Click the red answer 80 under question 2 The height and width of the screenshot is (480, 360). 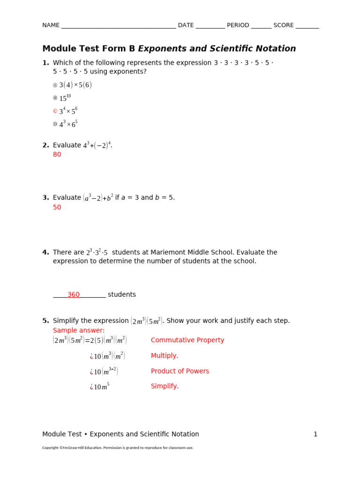click(57, 154)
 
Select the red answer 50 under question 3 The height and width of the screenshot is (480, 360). click(57, 207)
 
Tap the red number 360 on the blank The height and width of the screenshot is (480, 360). click(73, 294)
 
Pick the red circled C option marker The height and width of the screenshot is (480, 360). click(55, 111)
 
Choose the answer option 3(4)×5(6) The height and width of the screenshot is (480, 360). click(75, 85)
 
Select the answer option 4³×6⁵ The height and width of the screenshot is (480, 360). click(68, 124)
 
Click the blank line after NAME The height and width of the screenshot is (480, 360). click(118, 26)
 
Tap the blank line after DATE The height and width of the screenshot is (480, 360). click(210, 26)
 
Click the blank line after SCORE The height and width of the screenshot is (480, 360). click(307, 26)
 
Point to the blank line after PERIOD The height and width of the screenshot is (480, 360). click(261, 26)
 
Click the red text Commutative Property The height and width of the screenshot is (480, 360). click(187, 340)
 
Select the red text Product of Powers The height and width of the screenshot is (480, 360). click(180, 371)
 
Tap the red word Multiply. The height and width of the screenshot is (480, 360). click(165, 355)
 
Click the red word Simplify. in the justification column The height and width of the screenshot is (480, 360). click(165, 386)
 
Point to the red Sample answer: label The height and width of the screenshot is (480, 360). click(79, 330)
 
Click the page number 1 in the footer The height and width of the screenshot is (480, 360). click(315, 434)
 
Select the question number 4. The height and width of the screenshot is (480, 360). click(45, 252)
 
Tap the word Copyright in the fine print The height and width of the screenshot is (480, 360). click(50, 448)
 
